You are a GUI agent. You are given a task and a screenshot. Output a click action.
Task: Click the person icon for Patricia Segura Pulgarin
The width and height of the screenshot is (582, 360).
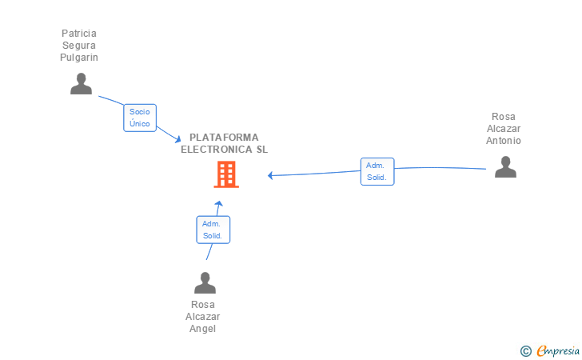point(81,83)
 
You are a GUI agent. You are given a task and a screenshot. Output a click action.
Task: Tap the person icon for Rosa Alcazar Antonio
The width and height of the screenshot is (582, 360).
point(505,167)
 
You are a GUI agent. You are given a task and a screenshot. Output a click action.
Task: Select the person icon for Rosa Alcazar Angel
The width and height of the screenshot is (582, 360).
point(205,282)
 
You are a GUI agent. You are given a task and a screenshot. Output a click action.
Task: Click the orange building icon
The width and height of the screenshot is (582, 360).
point(226,174)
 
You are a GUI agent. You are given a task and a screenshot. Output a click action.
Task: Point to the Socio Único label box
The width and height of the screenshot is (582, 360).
point(140,118)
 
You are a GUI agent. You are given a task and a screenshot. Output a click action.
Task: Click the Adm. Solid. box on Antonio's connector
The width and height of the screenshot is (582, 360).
point(377,172)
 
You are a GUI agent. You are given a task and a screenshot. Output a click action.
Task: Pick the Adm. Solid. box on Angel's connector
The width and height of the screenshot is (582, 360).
point(213,230)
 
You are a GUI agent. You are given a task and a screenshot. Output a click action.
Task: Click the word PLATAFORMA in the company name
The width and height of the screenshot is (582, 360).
point(224,138)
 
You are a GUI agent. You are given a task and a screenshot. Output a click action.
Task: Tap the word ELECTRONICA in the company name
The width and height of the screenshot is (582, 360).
point(217,150)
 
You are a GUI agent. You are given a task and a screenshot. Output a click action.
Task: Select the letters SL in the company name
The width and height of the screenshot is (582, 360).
point(262,150)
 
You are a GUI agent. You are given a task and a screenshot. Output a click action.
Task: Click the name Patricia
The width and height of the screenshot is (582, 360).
point(79,34)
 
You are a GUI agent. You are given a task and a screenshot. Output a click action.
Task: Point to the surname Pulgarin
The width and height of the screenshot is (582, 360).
point(79,58)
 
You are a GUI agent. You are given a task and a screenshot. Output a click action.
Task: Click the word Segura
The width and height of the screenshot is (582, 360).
point(79,46)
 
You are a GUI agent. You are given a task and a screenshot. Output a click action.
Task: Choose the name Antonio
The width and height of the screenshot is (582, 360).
point(504,141)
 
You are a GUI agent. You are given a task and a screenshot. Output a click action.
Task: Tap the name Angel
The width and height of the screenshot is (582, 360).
point(203,329)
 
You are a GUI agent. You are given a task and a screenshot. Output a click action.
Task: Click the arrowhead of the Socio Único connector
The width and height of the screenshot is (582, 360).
point(177,139)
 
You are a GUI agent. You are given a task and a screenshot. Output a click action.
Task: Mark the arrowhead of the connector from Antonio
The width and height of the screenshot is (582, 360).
point(270,175)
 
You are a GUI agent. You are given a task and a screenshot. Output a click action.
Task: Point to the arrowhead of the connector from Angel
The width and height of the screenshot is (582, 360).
point(218,203)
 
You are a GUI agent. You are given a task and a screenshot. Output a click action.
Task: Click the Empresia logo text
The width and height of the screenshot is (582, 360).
point(558,350)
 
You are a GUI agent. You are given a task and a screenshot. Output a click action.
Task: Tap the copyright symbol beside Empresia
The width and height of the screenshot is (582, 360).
point(525,351)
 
